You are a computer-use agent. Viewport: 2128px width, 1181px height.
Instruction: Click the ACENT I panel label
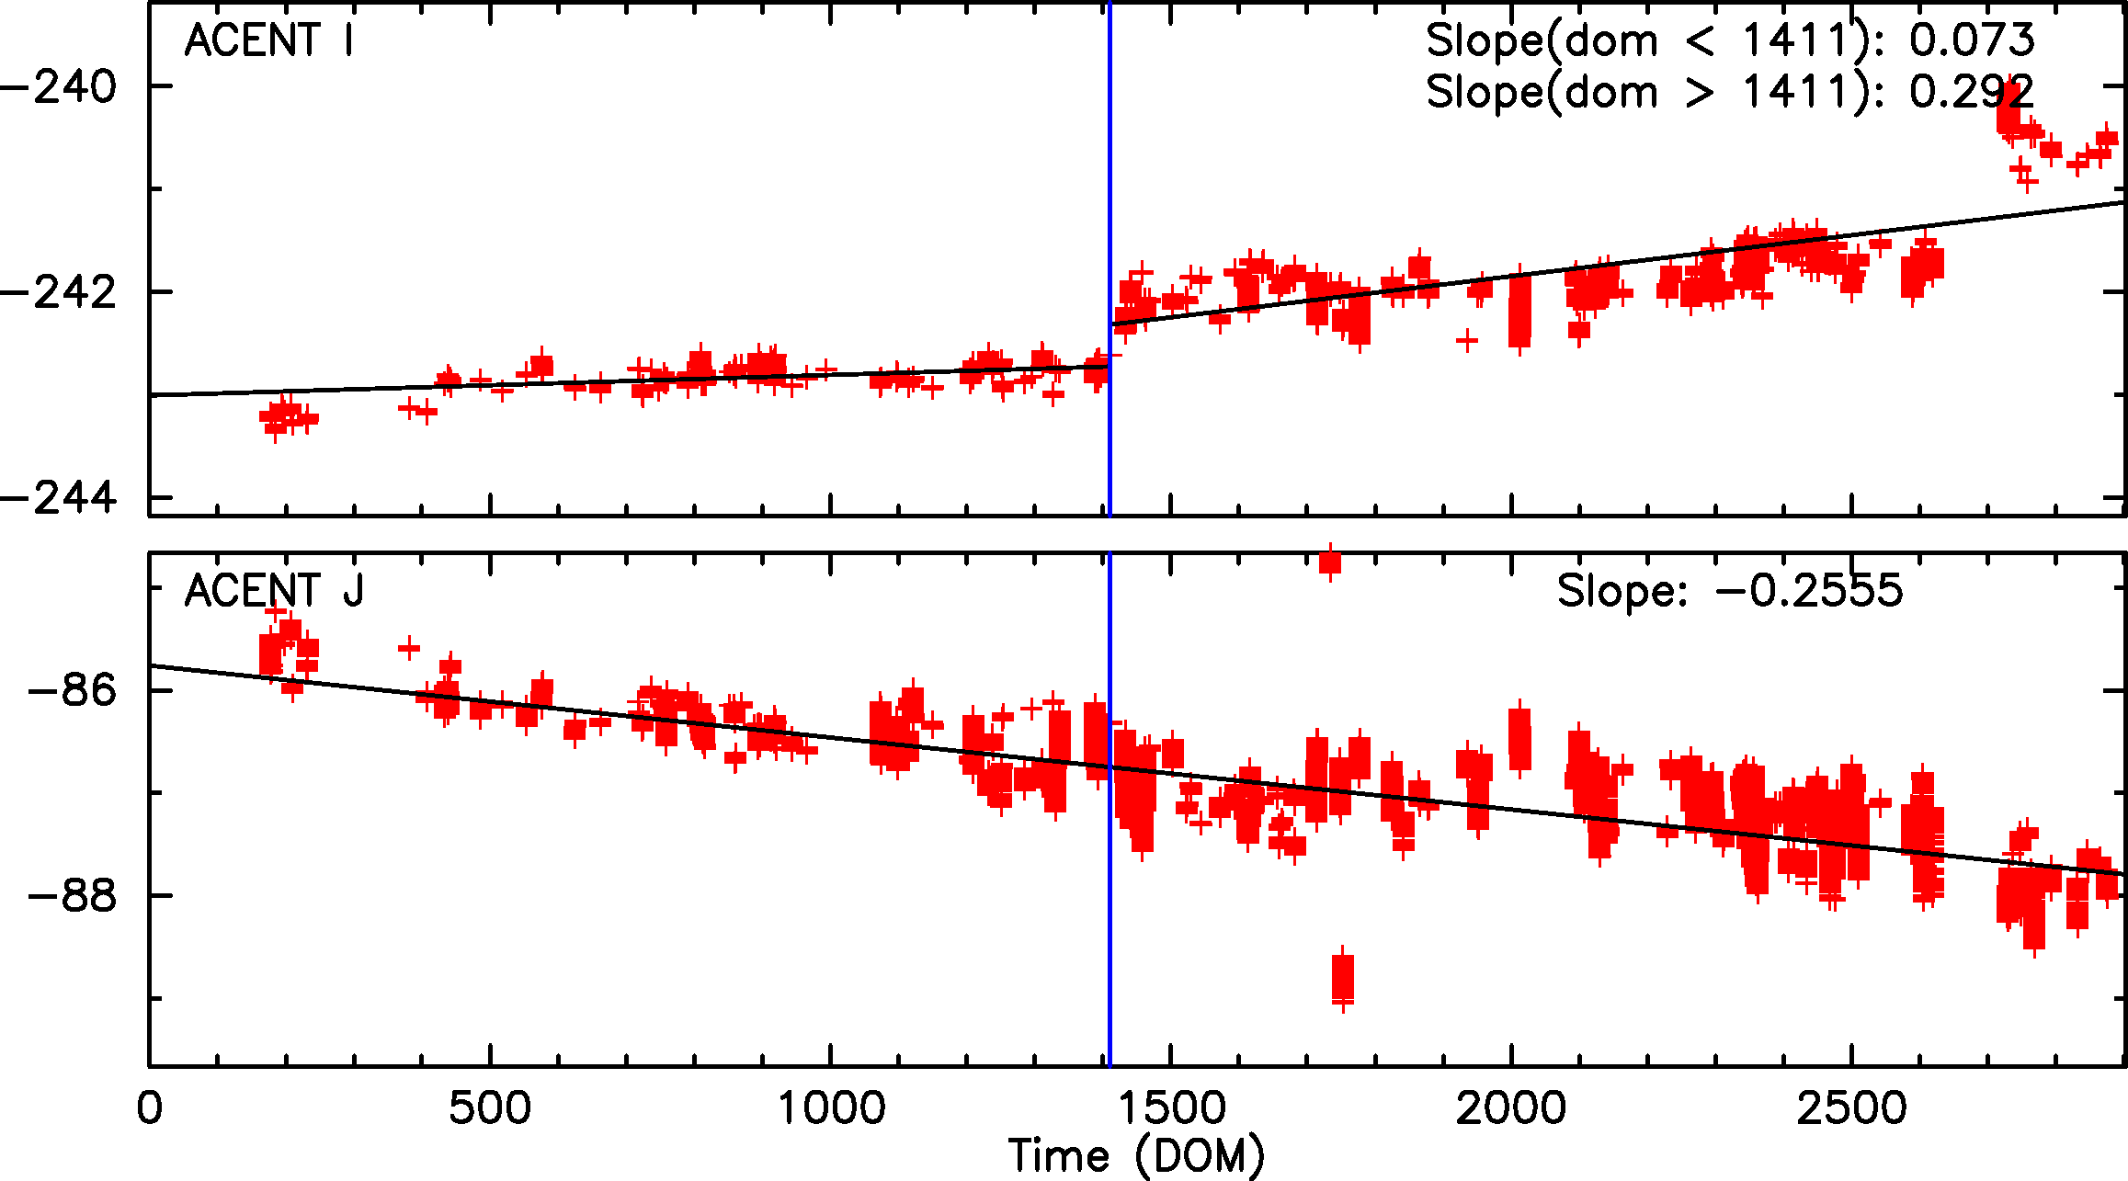[268, 41]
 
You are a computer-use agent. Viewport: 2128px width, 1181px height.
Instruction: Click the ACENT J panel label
[274, 591]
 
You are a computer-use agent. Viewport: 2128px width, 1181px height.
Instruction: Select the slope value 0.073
[1972, 40]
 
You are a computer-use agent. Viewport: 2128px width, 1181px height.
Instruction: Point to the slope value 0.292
[1972, 92]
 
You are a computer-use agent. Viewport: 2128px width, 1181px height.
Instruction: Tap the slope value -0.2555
[1809, 591]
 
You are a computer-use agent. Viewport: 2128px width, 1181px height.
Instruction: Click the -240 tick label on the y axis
[60, 87]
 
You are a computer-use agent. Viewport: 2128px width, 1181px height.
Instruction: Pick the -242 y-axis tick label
[60, 292]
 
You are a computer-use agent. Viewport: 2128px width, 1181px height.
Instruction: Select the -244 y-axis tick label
[60, 498]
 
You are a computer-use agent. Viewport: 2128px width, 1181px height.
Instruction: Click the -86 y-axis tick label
[74, 690]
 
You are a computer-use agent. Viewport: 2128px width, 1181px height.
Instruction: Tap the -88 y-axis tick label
[74, 896]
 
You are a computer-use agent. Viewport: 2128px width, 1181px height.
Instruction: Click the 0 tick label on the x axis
[149, 1108]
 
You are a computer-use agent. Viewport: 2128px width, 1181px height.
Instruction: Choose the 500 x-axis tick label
[489, 1108]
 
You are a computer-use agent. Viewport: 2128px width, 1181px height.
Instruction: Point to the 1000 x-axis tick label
[831, 1108]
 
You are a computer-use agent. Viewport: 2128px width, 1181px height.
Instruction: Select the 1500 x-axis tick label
[1172, 1108]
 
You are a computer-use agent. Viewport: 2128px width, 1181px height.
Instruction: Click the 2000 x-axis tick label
[1511, 1108]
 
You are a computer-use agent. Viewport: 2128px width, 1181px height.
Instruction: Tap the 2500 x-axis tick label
[1851, 1108]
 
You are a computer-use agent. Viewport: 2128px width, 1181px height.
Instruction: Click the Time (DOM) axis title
[1136, 1156]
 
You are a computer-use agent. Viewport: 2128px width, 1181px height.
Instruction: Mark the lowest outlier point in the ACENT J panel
[1343, 980]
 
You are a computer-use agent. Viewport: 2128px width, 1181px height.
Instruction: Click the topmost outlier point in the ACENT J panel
[1330, 561]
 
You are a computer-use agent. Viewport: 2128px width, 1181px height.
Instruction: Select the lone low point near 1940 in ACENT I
[1467, 341]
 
